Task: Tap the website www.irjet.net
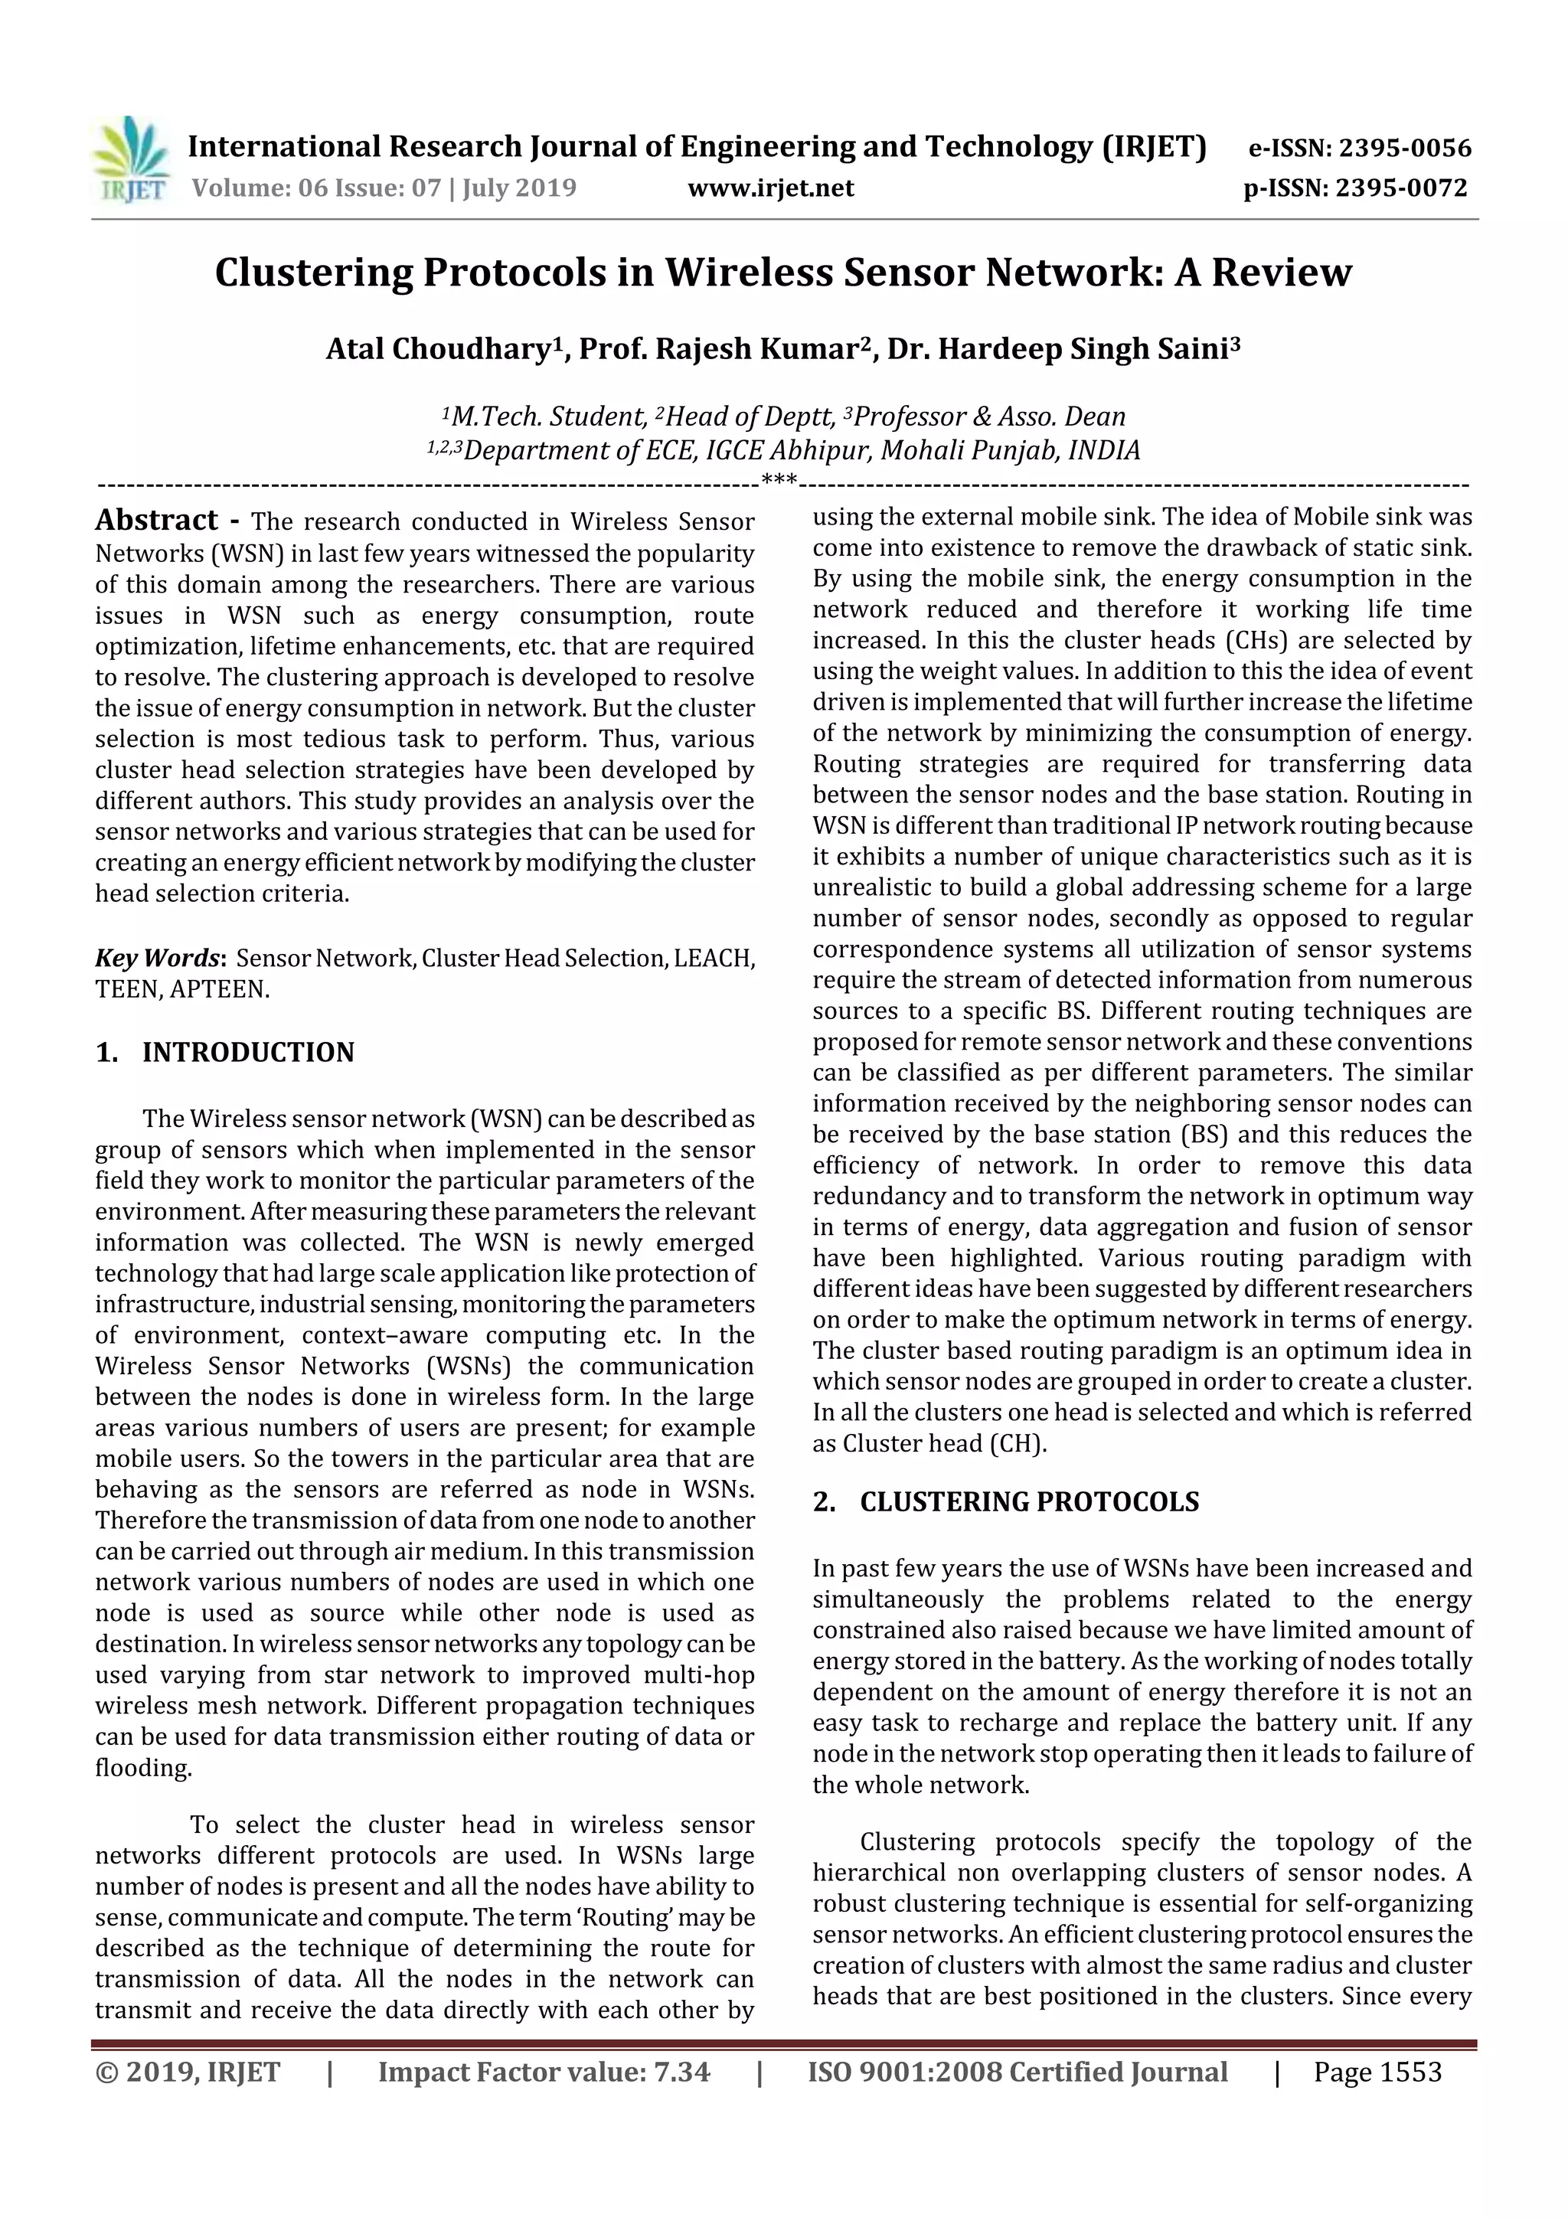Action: (770, 188)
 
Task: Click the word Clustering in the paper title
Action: (313, 273)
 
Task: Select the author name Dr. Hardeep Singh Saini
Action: (1062, 350)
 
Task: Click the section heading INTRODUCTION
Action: (248, 1052)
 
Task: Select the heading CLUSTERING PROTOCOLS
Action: (1029, 1502)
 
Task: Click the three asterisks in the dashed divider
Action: (779, 480)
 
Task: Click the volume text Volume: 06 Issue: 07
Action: (316, 188)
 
